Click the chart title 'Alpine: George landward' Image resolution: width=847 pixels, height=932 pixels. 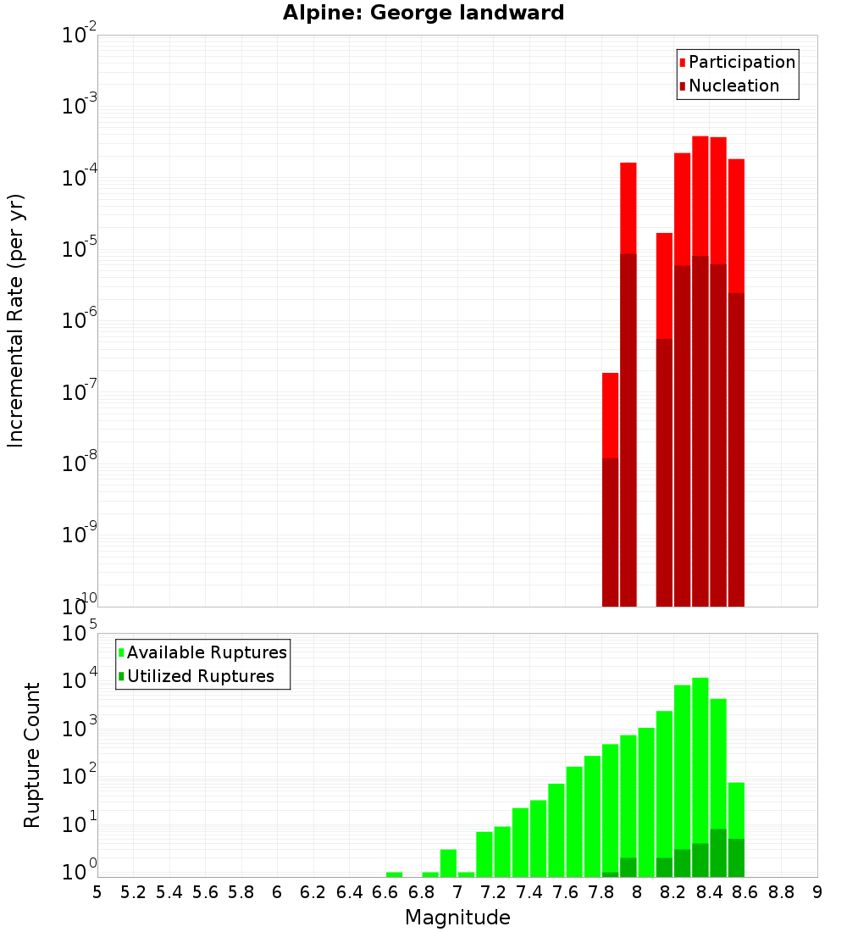(423, 13)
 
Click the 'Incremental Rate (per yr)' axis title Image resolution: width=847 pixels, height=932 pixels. (16, 320)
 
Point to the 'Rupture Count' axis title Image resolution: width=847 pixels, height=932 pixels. (32, 755)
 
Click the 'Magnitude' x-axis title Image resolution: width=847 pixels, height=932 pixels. (457, 918)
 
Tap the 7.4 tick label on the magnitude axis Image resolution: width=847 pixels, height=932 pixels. (529, 892)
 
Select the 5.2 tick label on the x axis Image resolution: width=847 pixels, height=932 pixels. (133, 892)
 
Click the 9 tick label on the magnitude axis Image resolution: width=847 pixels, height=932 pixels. (817, 892)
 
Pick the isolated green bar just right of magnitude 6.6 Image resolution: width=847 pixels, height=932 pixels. (394, 874)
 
